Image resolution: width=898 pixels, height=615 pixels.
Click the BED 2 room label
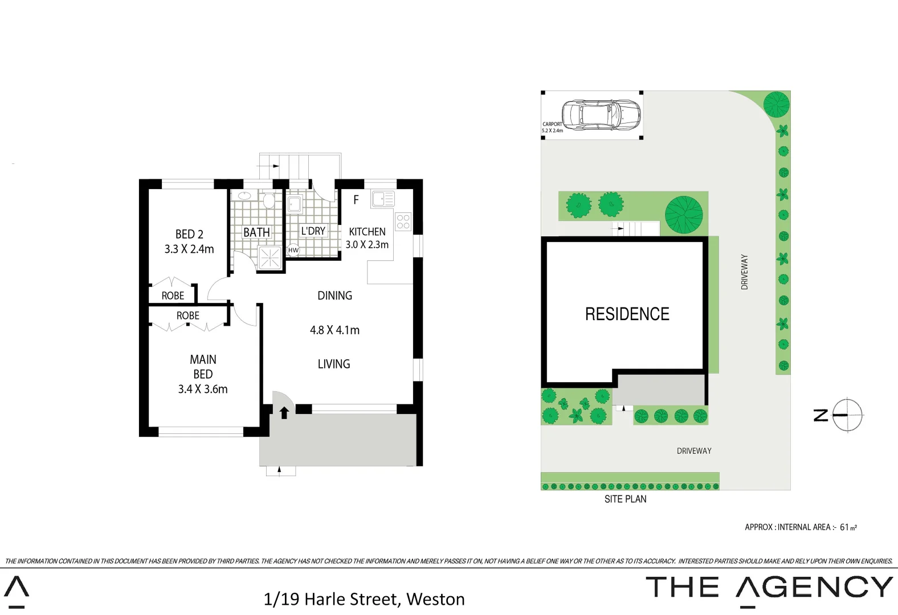click(x=189, y=234)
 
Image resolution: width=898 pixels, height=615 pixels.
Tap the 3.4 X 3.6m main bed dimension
click(x=203, y=389)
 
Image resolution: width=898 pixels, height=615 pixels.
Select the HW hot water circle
click(x=293, y=250)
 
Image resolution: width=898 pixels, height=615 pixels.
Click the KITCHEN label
click(x=367, y=232)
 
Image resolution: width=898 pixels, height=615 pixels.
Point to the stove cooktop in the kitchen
click(x=403, y=222)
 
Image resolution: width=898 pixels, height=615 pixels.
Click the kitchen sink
click(x=383, y=199)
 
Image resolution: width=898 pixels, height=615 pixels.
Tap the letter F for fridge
click(x=356, y=200)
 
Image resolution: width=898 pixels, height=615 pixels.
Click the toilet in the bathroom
click(x=268, y=200)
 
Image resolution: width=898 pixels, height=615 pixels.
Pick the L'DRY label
click(x=313, y=231)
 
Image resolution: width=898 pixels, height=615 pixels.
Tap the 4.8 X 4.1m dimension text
click(x=334, y=330)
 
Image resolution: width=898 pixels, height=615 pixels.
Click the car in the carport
click(x=601, y=114)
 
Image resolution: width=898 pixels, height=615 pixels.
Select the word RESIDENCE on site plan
click(x=627, y=314)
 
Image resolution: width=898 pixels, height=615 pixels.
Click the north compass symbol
click(x=847, y=415)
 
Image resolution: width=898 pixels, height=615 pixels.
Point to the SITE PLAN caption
click(x=625, y=499)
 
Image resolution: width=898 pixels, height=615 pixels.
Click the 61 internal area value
click(x=844, y=527)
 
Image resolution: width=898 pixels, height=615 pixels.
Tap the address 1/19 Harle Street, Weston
click(x=364, y=599)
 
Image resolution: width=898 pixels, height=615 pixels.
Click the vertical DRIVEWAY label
click(x=744, y=272)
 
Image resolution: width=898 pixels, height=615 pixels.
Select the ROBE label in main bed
click(x=187, y=315)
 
